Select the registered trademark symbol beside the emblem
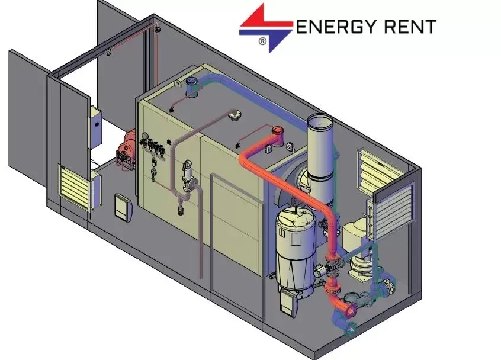pos(262,41)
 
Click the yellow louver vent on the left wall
pos(75,186)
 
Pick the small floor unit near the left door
pos(121,207)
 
